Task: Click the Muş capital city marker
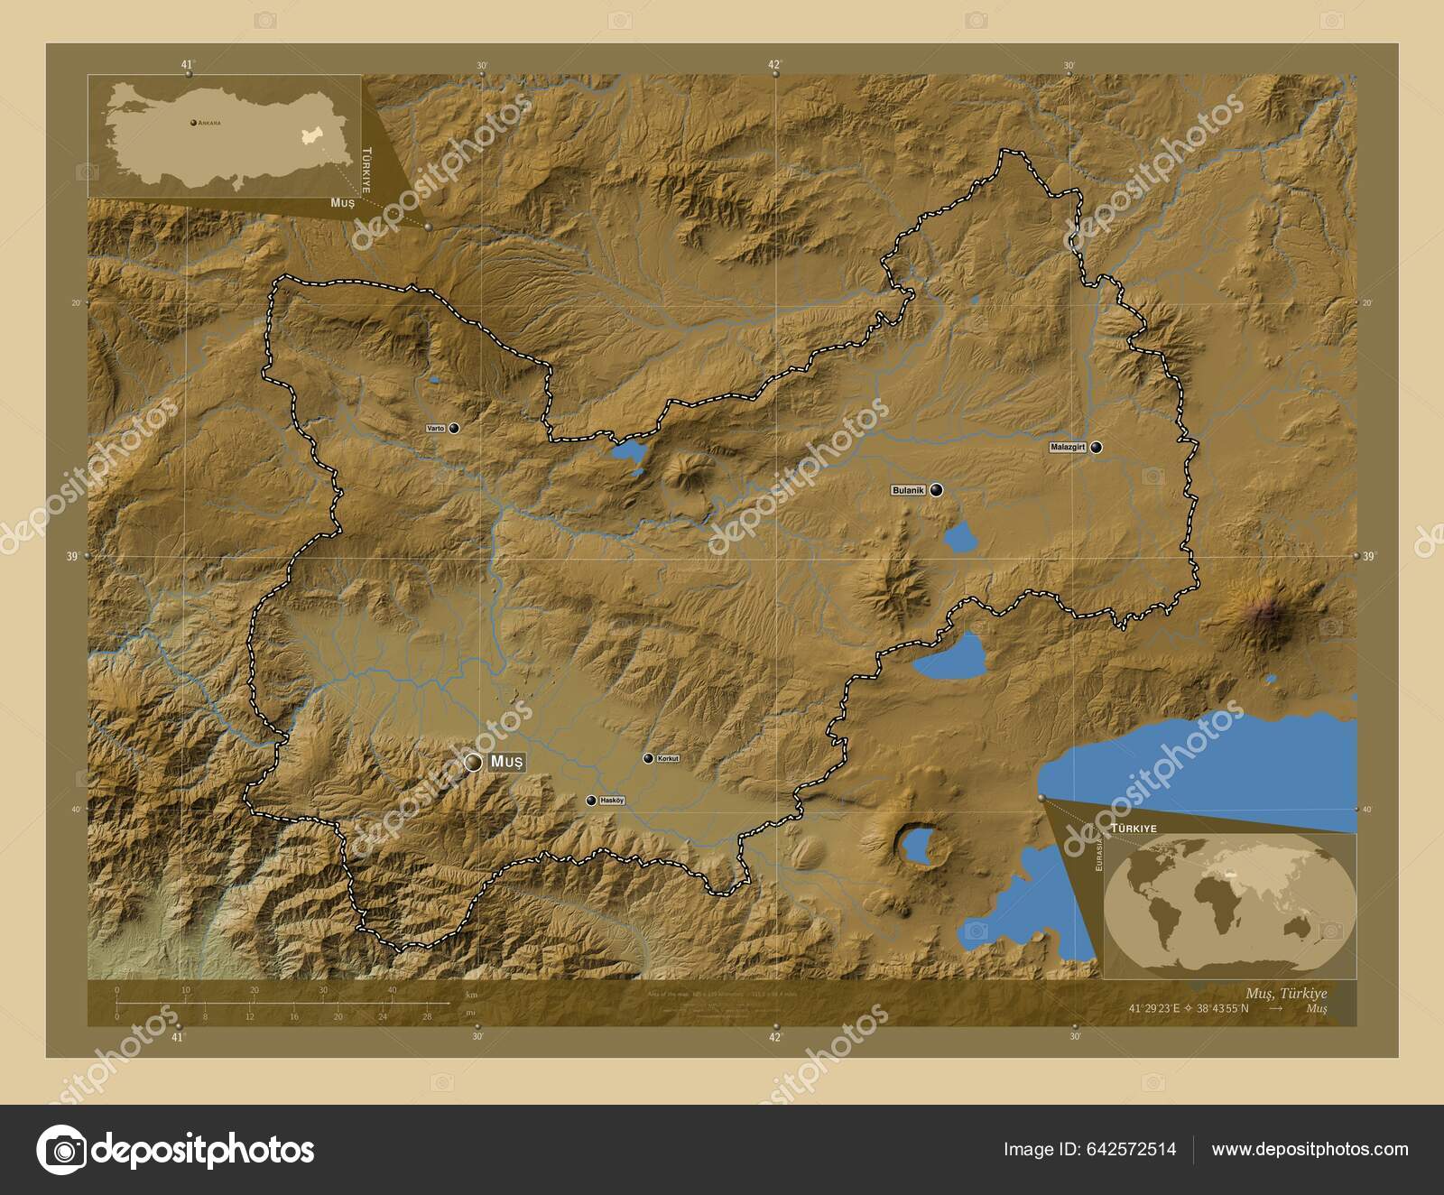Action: pos(473,763)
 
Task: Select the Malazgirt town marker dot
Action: pos(1097,447)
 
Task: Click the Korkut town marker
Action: pos(648,758)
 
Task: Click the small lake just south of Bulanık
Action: pos(960,539)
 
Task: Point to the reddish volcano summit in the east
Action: pos(1272,613)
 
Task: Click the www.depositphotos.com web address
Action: pos(1310,1149)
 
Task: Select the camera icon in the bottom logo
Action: pos(61,1150)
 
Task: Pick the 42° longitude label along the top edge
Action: pos(774,65)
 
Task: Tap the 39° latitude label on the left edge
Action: pos(72,558)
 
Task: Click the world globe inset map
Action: pos(1230,905)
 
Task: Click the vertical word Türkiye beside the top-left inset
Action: pos(366,171)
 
